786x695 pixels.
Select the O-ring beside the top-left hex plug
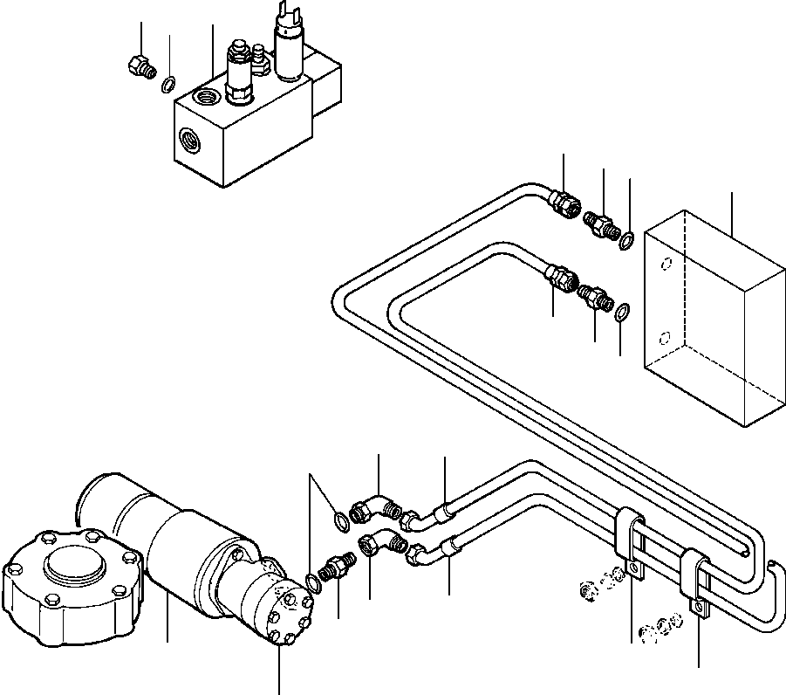170,84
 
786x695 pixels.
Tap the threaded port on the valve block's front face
189,138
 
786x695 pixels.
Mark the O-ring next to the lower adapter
622,312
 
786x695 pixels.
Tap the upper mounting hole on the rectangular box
666,265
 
